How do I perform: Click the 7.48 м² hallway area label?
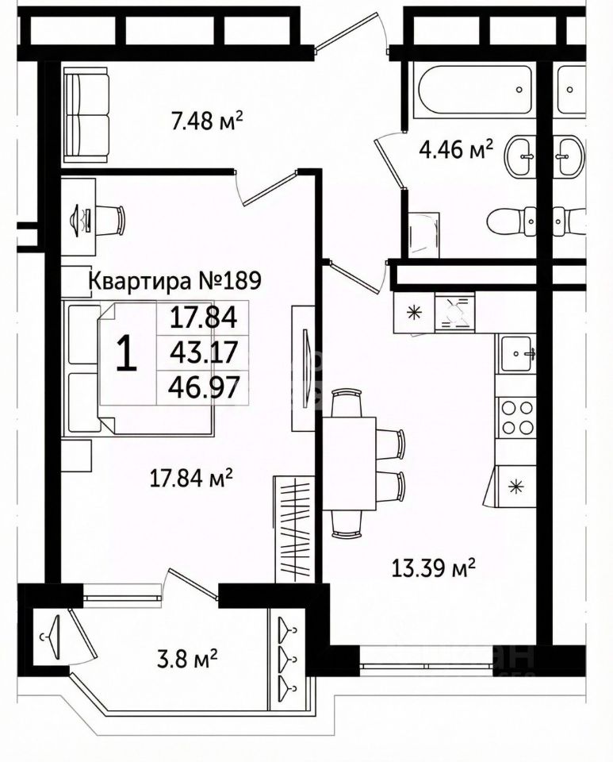[x=206, y=120]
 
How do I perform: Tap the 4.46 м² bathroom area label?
[x=456, y=149]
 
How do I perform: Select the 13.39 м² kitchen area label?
[x=434, y=567]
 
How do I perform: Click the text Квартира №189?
[x=176, y=280]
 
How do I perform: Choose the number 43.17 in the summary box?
[x=204, y=352]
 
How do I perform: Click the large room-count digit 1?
[x=127, y=354]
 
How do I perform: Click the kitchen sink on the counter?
[x=518, y=353]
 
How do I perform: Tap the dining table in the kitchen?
[x=349, y=463]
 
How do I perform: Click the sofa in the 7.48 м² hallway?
[x=86, y=114]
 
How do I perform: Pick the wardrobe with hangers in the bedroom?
[x=293, y=529]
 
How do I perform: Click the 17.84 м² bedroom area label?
[x=191, y=479]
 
